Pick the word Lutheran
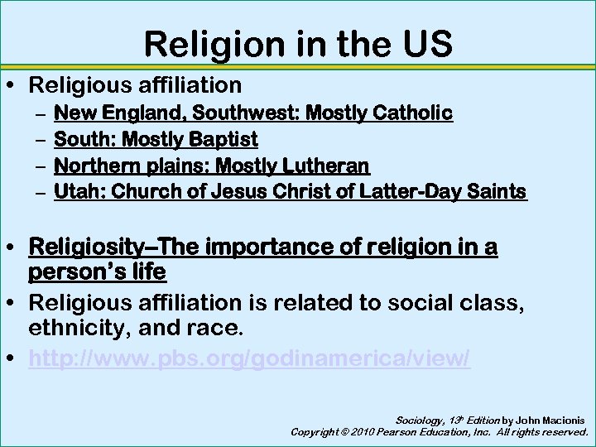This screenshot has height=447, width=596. point(325,166)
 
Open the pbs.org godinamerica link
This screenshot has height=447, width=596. point(249,358)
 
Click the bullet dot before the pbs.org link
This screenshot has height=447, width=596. point(13,358)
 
